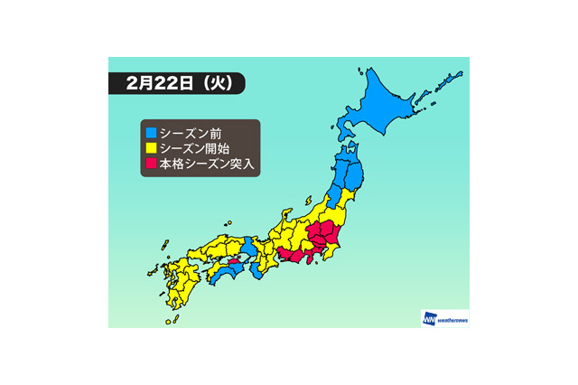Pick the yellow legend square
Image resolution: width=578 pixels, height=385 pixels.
(x=149, y=147)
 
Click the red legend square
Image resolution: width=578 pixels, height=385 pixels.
(x=149, y=163)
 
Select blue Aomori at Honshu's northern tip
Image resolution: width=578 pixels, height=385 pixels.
(x=348, y=151)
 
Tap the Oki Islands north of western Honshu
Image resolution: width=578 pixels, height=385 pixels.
(x=229, y=225)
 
